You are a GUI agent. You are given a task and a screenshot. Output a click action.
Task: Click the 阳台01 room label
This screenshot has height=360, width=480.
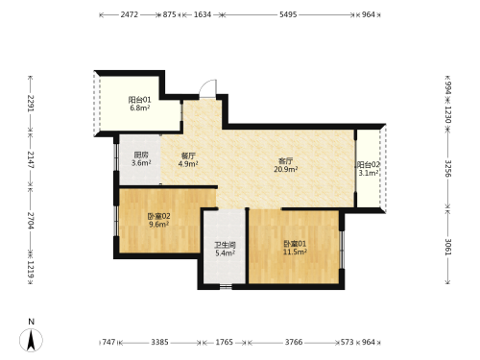tap(139, 100)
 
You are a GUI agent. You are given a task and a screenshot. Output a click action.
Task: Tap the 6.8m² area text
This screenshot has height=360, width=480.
tap(140, 108)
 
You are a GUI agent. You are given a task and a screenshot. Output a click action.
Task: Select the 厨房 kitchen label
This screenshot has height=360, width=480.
tap(141, 156)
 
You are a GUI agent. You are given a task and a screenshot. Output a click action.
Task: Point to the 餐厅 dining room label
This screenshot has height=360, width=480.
tap(188, 156)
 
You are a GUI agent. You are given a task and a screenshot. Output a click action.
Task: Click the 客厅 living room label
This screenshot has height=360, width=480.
tap(285, 160)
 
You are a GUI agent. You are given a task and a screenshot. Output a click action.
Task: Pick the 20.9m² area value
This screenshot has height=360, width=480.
tap(286, 169)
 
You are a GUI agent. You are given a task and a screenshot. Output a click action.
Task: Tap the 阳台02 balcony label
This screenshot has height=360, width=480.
tap(368, 165)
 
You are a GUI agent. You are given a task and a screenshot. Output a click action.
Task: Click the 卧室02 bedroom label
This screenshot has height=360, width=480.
tap(158, 216)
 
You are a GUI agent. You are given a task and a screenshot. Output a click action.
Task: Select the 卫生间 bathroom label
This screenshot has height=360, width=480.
tap(225, 245)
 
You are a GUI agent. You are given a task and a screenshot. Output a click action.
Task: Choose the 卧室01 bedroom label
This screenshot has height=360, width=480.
tap(295, 244)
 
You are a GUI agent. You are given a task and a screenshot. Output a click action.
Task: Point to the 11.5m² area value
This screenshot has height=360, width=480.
tap(295, 252)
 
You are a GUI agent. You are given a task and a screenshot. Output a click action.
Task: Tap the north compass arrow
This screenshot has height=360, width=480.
tap(31, 340)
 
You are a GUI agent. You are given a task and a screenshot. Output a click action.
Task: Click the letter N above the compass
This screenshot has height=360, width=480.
tap(31, 322)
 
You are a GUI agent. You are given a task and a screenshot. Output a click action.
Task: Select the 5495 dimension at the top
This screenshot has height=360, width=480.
tap(288, 14)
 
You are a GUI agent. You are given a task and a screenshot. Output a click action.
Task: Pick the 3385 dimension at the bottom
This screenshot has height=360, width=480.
tap(159, 342)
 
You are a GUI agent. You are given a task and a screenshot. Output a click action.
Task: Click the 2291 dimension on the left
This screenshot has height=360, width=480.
tap(31, 103)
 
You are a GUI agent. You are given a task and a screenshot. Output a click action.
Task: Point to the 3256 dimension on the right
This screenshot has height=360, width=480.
tap(448, 169)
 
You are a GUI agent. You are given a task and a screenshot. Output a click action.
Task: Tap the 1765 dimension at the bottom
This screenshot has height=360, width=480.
tap(224, 342)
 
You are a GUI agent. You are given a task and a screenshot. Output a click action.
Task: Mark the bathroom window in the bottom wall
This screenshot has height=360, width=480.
tap(226, 286)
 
